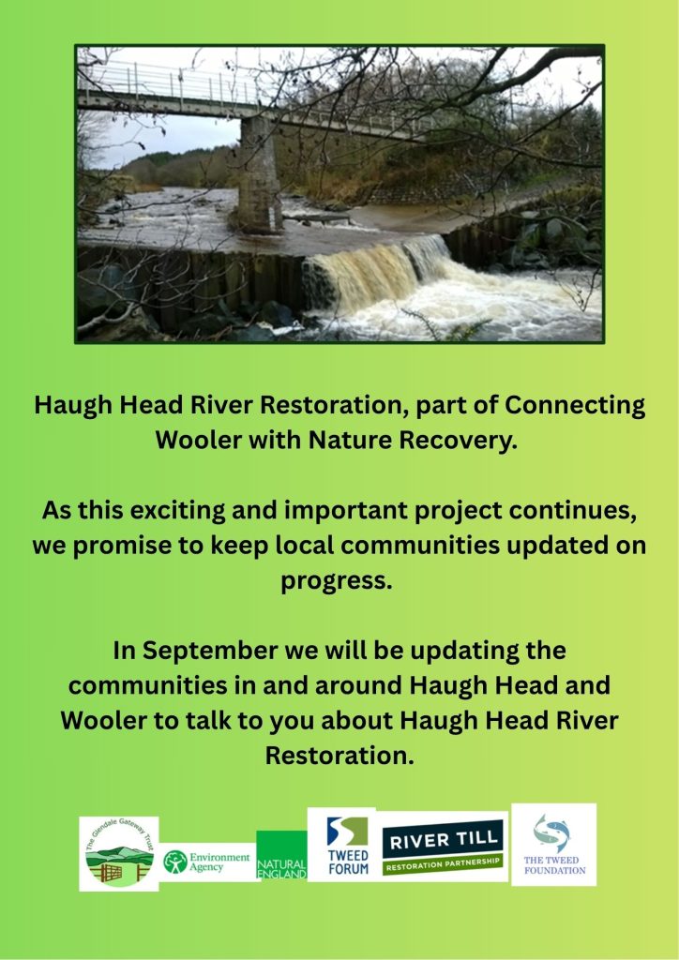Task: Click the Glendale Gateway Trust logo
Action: (119, 853)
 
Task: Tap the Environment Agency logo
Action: (208, 862)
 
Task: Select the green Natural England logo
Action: (281, 855)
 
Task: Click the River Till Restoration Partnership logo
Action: (443, 847)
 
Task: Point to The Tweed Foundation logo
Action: (553, 845)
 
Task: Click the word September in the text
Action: (210, 651)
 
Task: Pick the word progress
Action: (336, 581)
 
